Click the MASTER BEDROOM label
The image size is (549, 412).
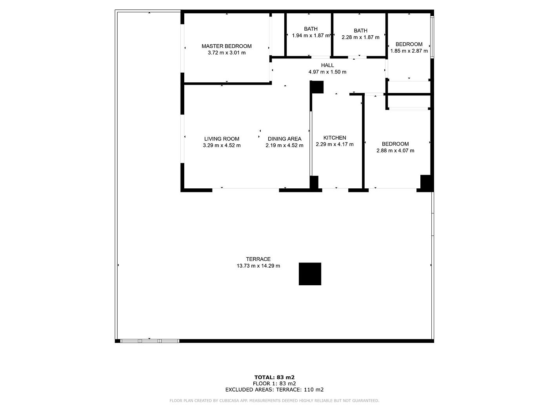tap(227, 46)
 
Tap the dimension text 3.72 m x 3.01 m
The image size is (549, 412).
tap(227, 53)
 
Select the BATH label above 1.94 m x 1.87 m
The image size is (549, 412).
tap(311, 29)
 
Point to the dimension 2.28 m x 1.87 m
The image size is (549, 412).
tap(360, 37)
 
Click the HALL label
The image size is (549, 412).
tap(327, 65)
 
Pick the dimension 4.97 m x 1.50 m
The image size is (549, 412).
tap(327, 72)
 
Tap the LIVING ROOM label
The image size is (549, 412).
tap(222, 139)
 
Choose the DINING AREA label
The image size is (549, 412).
tap(284, 139)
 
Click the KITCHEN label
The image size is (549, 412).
tap(334, 138)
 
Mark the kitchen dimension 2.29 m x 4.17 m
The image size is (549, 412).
tap(334, 144)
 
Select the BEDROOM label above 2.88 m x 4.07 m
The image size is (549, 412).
tap(395, 144)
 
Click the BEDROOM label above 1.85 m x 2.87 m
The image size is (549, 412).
tap(409, 44)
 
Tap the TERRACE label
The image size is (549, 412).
tap(258, 259)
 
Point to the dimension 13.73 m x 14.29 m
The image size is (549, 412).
tap(258, 266)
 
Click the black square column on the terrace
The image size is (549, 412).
tap(310, 274)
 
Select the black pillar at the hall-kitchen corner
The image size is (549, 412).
tap(316, 87)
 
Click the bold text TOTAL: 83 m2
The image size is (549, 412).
tap(274, 377)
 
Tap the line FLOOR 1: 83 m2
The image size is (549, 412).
tap(274, 383)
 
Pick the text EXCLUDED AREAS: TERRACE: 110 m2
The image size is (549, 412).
tap(274, 390)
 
